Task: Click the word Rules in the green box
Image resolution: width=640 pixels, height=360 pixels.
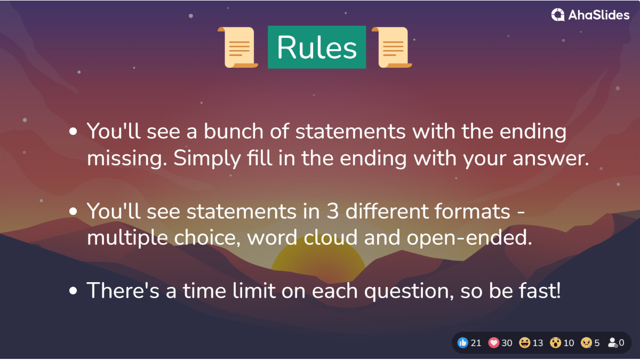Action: click(x=317, y=47)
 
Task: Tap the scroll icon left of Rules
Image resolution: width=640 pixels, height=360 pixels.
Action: click(x=238, y=47)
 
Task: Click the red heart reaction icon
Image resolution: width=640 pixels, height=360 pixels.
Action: click(x=494, y=342)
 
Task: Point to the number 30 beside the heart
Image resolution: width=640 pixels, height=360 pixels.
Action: click(x=507, y=342)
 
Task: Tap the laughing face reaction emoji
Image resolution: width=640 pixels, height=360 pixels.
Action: click(x=525, y=342)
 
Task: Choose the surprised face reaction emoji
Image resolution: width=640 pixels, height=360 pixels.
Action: click(x=556, y=342)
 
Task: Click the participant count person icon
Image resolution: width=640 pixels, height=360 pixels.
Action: click(x=612, y=342)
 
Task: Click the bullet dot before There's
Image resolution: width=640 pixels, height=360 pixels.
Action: click(x=74, y=291)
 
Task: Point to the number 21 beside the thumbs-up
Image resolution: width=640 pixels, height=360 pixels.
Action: click(x=476, y=342)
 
